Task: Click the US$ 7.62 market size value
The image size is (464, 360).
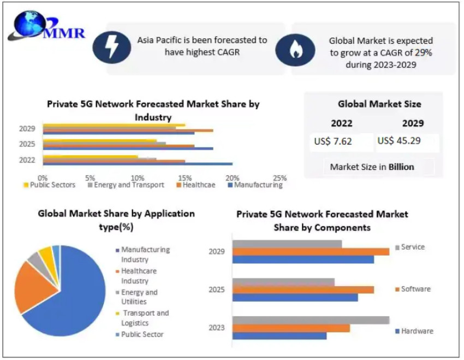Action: coord(333,141)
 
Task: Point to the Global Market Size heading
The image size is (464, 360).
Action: coord(379,104)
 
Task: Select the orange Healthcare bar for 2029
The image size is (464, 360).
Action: coord(128,130)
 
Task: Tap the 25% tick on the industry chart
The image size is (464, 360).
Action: coord(279,178)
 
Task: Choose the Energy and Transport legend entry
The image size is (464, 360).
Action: coord(126,185)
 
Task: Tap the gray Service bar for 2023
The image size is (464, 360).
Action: coord(311,320)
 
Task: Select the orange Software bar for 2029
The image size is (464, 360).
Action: coord(311,251)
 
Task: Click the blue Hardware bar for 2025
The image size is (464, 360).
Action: coord(295,298)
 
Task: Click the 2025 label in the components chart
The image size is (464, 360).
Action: coord(217,290)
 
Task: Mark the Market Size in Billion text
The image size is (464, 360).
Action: coord(372,167)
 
